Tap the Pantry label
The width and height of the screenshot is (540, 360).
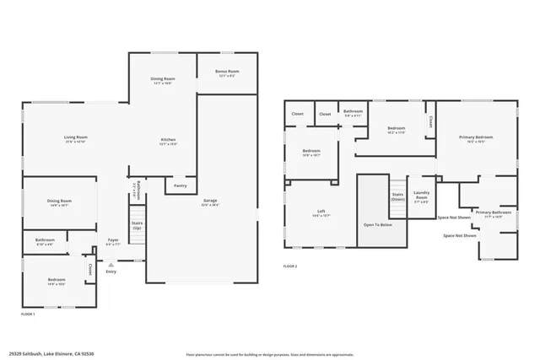[x=180, y=185]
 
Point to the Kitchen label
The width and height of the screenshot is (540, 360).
[x=170, y=141]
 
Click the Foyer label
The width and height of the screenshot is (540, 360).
[x=112, y=241]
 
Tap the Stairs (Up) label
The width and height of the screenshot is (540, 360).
[x=137, y=225]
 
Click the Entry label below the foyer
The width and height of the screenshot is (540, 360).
[x=111, y=271]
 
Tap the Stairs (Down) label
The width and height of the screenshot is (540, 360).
[x=397, y=196]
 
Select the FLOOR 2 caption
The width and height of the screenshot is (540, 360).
[x=290, y=266]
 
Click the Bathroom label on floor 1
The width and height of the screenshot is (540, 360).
[x=46, y=241]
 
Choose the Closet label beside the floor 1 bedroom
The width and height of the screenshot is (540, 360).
[x=89, y=270]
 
